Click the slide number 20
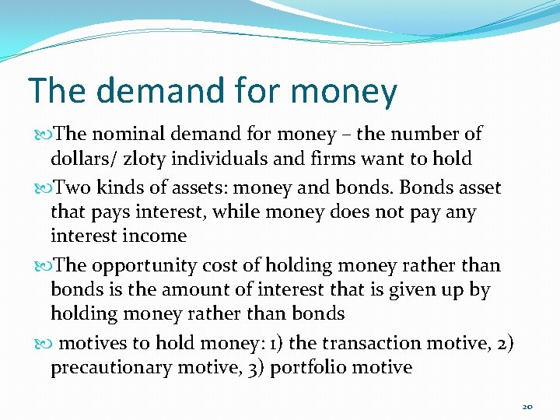coord(527,406)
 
